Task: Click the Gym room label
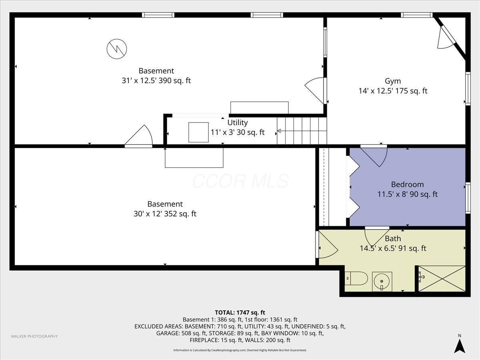point(393,81)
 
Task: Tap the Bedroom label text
point(407,184)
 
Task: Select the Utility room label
point(238,123)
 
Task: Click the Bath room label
point(393,238)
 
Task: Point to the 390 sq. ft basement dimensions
point(156,81)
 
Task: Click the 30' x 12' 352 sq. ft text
point(165,214)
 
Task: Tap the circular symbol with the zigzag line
point(117,49)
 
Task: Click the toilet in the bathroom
point(356,278)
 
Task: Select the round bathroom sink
point(382,282)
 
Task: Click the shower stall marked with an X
point(442,278)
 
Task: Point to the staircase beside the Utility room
point(302,131)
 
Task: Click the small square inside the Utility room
point(198,132)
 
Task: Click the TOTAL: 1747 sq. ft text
point(240,312)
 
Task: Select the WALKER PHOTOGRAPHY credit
point(34,336)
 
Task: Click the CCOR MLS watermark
point(240,181)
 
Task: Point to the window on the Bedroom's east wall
point(468,198)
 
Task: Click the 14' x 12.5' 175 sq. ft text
point(393,91)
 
